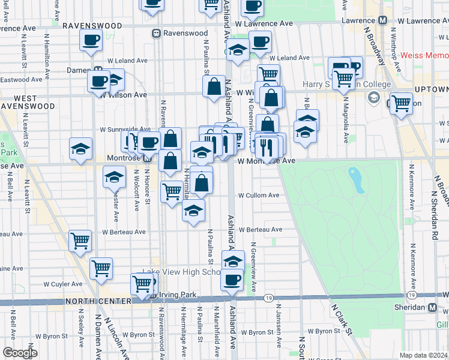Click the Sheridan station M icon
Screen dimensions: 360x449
[432, 307]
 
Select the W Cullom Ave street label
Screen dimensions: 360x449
[259, 195]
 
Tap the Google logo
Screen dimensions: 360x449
[20, 353]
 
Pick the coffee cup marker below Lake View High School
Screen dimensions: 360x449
[232, 279]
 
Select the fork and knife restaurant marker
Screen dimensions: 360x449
[266, 146]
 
